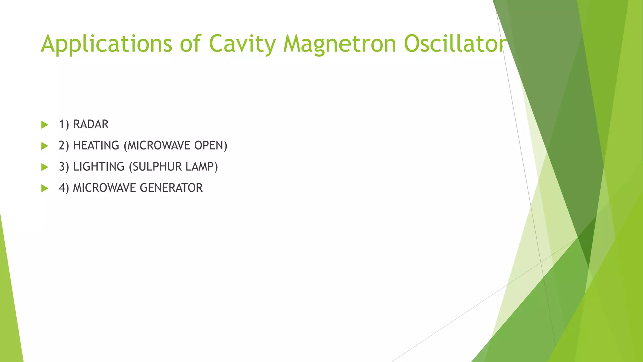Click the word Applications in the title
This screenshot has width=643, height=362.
pos(106,44)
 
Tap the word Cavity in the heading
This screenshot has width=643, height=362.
pos(242,44)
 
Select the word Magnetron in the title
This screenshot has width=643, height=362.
pos(339,44)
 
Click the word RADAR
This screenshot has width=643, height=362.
pos(91,124)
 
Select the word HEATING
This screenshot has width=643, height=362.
pos(96,145)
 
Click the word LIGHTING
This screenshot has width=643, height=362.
pos(99,167)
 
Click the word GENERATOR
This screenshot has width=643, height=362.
pos(171,188)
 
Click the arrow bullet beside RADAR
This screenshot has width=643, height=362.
pos(45,125)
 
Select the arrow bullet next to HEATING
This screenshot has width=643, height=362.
pos(45,146)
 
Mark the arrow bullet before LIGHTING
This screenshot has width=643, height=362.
pos(45,167)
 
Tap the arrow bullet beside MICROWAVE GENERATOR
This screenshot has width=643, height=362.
pos(45,188)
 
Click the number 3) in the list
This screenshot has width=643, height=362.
pos(64,167)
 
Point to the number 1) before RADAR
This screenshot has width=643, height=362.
pos(64,124)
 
